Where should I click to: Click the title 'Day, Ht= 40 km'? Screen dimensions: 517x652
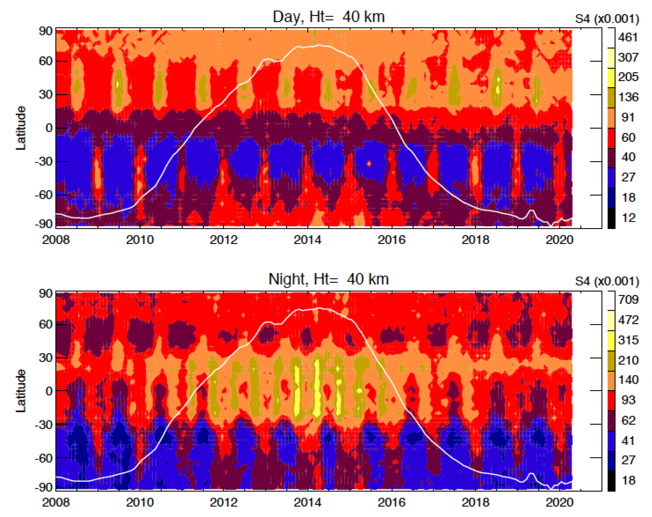pos(329,17)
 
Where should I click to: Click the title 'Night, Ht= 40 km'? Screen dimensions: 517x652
pos(329,279)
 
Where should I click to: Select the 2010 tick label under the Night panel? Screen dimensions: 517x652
pos(140,502)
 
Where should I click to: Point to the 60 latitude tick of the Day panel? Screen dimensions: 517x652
pos(45,61)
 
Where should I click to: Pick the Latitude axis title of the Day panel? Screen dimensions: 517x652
pos(21,128)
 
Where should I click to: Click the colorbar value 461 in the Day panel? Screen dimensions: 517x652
pos(628,37)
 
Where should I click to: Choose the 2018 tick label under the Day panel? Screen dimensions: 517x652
pos(475,240)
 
